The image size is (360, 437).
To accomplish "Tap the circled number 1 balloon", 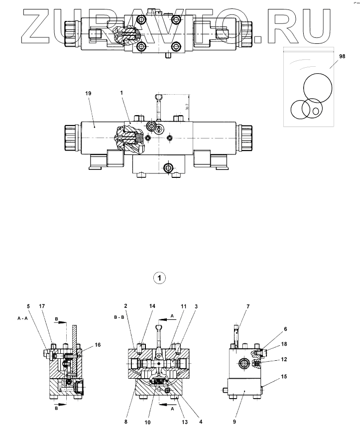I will [159, 278].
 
